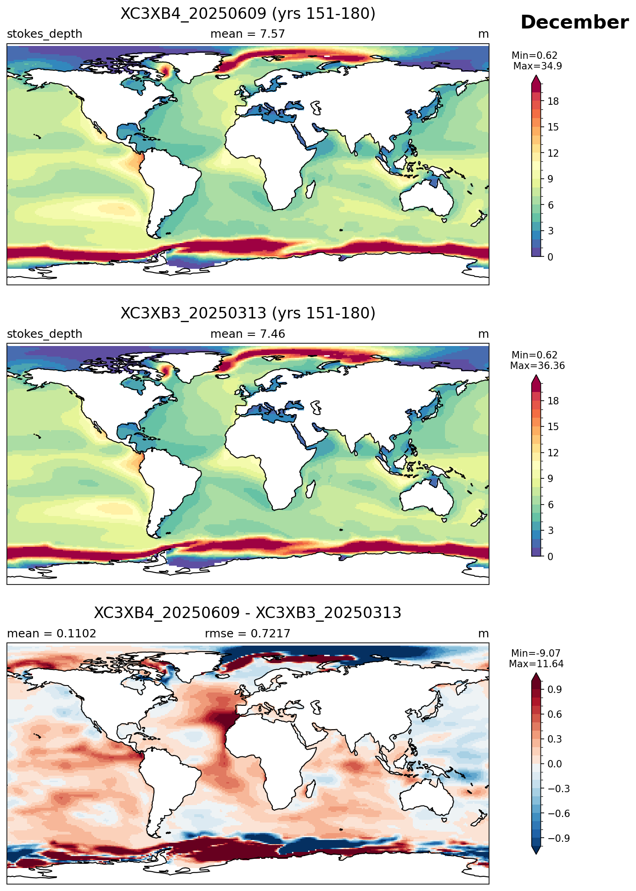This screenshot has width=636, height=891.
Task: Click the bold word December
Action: [574, 23]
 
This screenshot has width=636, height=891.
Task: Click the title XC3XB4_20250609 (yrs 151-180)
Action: [248, 14]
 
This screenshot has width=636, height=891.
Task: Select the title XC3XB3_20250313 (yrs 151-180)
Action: [248, 313]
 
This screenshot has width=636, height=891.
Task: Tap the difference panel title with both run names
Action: [248, 613]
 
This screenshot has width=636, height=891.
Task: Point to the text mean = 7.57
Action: [248, 34]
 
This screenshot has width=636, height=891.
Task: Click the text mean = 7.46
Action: [248, 334]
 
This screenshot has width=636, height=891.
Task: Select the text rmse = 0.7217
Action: [248, 634]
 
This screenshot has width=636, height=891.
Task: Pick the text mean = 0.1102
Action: [51, 634]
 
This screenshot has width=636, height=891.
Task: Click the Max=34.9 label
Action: [537, 66]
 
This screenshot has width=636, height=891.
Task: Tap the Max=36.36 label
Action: [537, 366]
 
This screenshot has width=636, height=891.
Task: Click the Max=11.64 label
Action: [536, 664]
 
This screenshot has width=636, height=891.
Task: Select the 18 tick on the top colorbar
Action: [553, 102]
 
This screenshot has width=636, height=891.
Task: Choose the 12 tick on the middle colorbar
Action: [553, 453]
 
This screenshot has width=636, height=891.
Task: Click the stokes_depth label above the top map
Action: [45, 34]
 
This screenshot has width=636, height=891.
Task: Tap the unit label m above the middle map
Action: [484, 334]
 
